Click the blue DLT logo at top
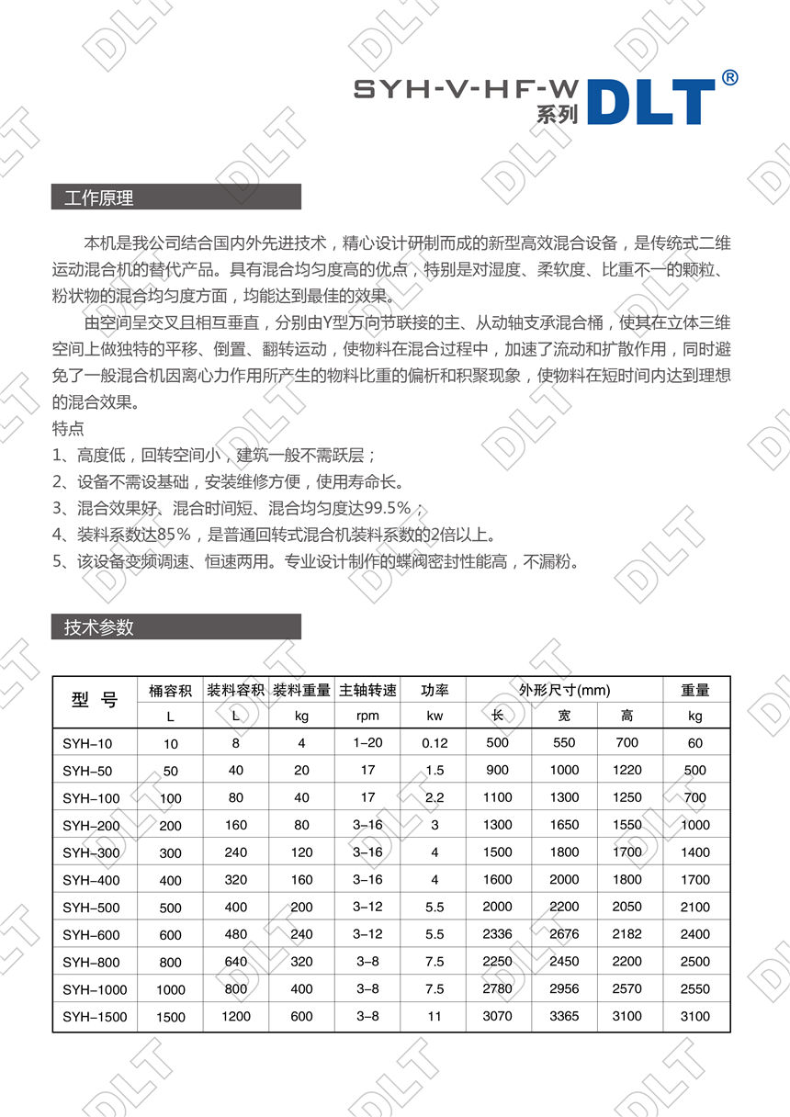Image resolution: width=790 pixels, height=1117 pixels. [650, 101]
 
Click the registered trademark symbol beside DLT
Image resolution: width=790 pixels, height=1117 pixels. [729, 78]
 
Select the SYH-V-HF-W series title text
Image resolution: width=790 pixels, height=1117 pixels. [466, 89]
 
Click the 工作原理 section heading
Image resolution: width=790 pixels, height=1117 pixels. [99, 197]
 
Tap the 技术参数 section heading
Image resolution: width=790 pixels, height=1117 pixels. [99, 627]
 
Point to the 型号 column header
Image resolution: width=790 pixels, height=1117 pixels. [95, 702]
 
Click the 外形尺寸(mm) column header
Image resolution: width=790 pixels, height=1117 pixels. [564, 690]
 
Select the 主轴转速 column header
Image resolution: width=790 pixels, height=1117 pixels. [367, 690]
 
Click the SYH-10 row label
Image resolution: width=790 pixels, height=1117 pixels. [87, 743]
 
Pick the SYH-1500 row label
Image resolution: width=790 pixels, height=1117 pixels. [95, 1017]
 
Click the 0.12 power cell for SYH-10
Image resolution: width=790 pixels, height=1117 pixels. [434, 743]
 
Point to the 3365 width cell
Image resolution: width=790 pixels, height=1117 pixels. [564, 1016]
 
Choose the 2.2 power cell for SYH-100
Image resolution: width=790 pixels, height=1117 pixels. [434, 797]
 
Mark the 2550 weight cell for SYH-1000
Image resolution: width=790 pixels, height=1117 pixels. [695, 989]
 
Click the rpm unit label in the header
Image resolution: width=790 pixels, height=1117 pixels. [367, 716]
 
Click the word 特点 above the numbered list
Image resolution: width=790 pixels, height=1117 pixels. [69, 428]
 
